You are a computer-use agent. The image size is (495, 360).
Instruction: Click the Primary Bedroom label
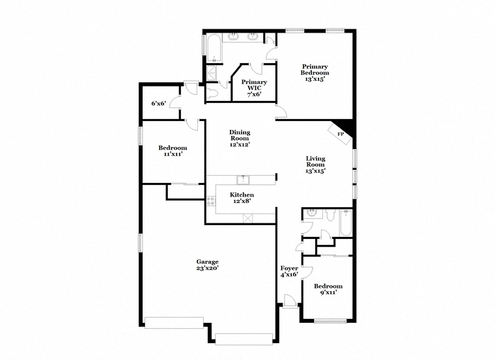(x=315, y=72)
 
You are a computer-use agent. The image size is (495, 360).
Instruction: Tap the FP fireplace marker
(x=340, y=134)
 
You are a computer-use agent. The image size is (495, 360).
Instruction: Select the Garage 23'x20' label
(x=207, y=265)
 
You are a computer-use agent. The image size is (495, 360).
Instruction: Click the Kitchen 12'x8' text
(x=242, y=198)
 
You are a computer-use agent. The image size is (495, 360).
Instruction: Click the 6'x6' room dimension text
(x=158, y=103)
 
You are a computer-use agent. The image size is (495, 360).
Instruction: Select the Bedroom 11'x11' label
(x=173, y=151)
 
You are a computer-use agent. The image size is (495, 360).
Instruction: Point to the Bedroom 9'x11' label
(x=328, y=289)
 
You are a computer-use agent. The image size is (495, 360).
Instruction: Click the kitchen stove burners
(x=211, y=201)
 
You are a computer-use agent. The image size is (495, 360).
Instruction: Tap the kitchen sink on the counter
(x=243, y=180)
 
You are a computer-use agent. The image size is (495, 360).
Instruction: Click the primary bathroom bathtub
(x=214, y=48)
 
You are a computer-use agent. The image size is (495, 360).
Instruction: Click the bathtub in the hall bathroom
(x=345, y=223)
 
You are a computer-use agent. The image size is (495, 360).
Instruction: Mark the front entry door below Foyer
(x=290, y=301)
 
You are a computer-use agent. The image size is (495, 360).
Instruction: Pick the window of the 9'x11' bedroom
(x=330, y=321)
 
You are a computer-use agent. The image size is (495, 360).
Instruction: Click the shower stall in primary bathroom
(x=212, y=74)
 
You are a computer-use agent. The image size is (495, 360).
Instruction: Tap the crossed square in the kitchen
(x=248, y=218)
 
